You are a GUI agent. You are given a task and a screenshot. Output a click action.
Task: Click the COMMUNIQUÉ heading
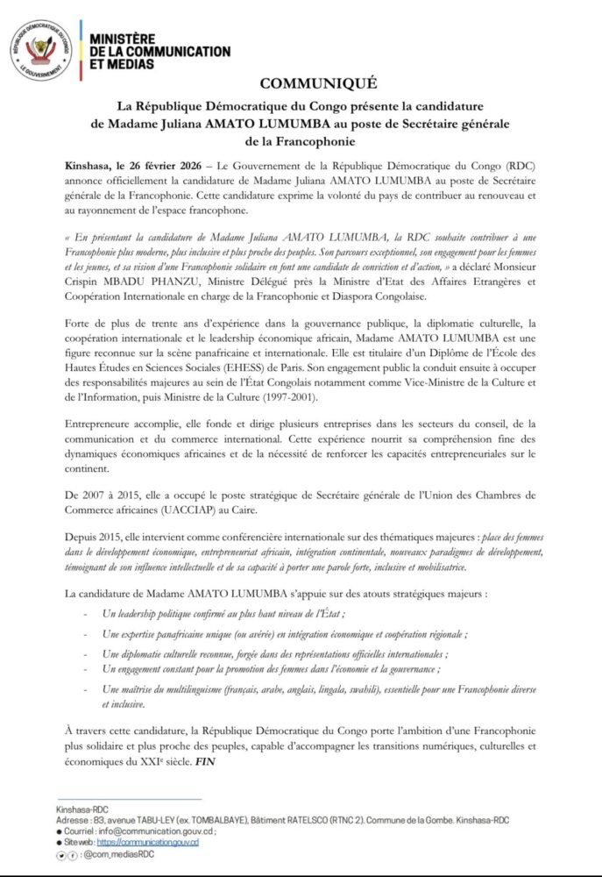pos(317,84)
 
